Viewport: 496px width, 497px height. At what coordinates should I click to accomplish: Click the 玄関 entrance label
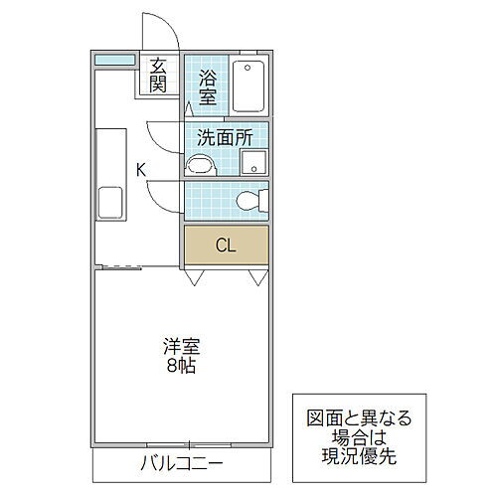point(158,75)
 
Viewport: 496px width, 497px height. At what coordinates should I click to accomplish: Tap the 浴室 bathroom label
point(207,86)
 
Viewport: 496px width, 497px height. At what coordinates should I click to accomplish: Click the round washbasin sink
point(200,165)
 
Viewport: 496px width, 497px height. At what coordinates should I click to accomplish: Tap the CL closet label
point(226,246)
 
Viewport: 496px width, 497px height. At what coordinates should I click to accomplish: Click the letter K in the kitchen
point(141,170)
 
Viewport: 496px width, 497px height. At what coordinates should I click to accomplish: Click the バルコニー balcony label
point(181,464)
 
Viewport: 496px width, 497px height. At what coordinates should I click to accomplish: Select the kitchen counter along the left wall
point(110,175)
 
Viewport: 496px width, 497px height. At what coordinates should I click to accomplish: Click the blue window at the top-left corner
point(114,61)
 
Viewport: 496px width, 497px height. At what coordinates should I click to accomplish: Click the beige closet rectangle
point(226,245)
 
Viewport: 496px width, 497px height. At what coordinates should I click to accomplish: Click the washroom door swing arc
point(159,134)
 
